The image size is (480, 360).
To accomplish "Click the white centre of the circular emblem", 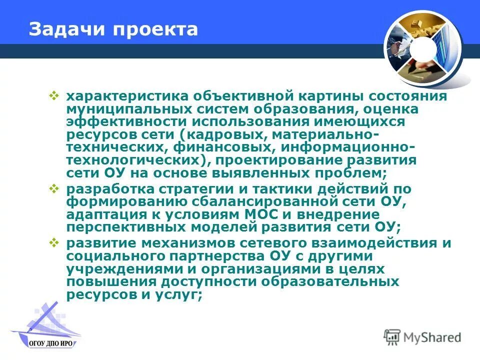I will coord(424,47).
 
